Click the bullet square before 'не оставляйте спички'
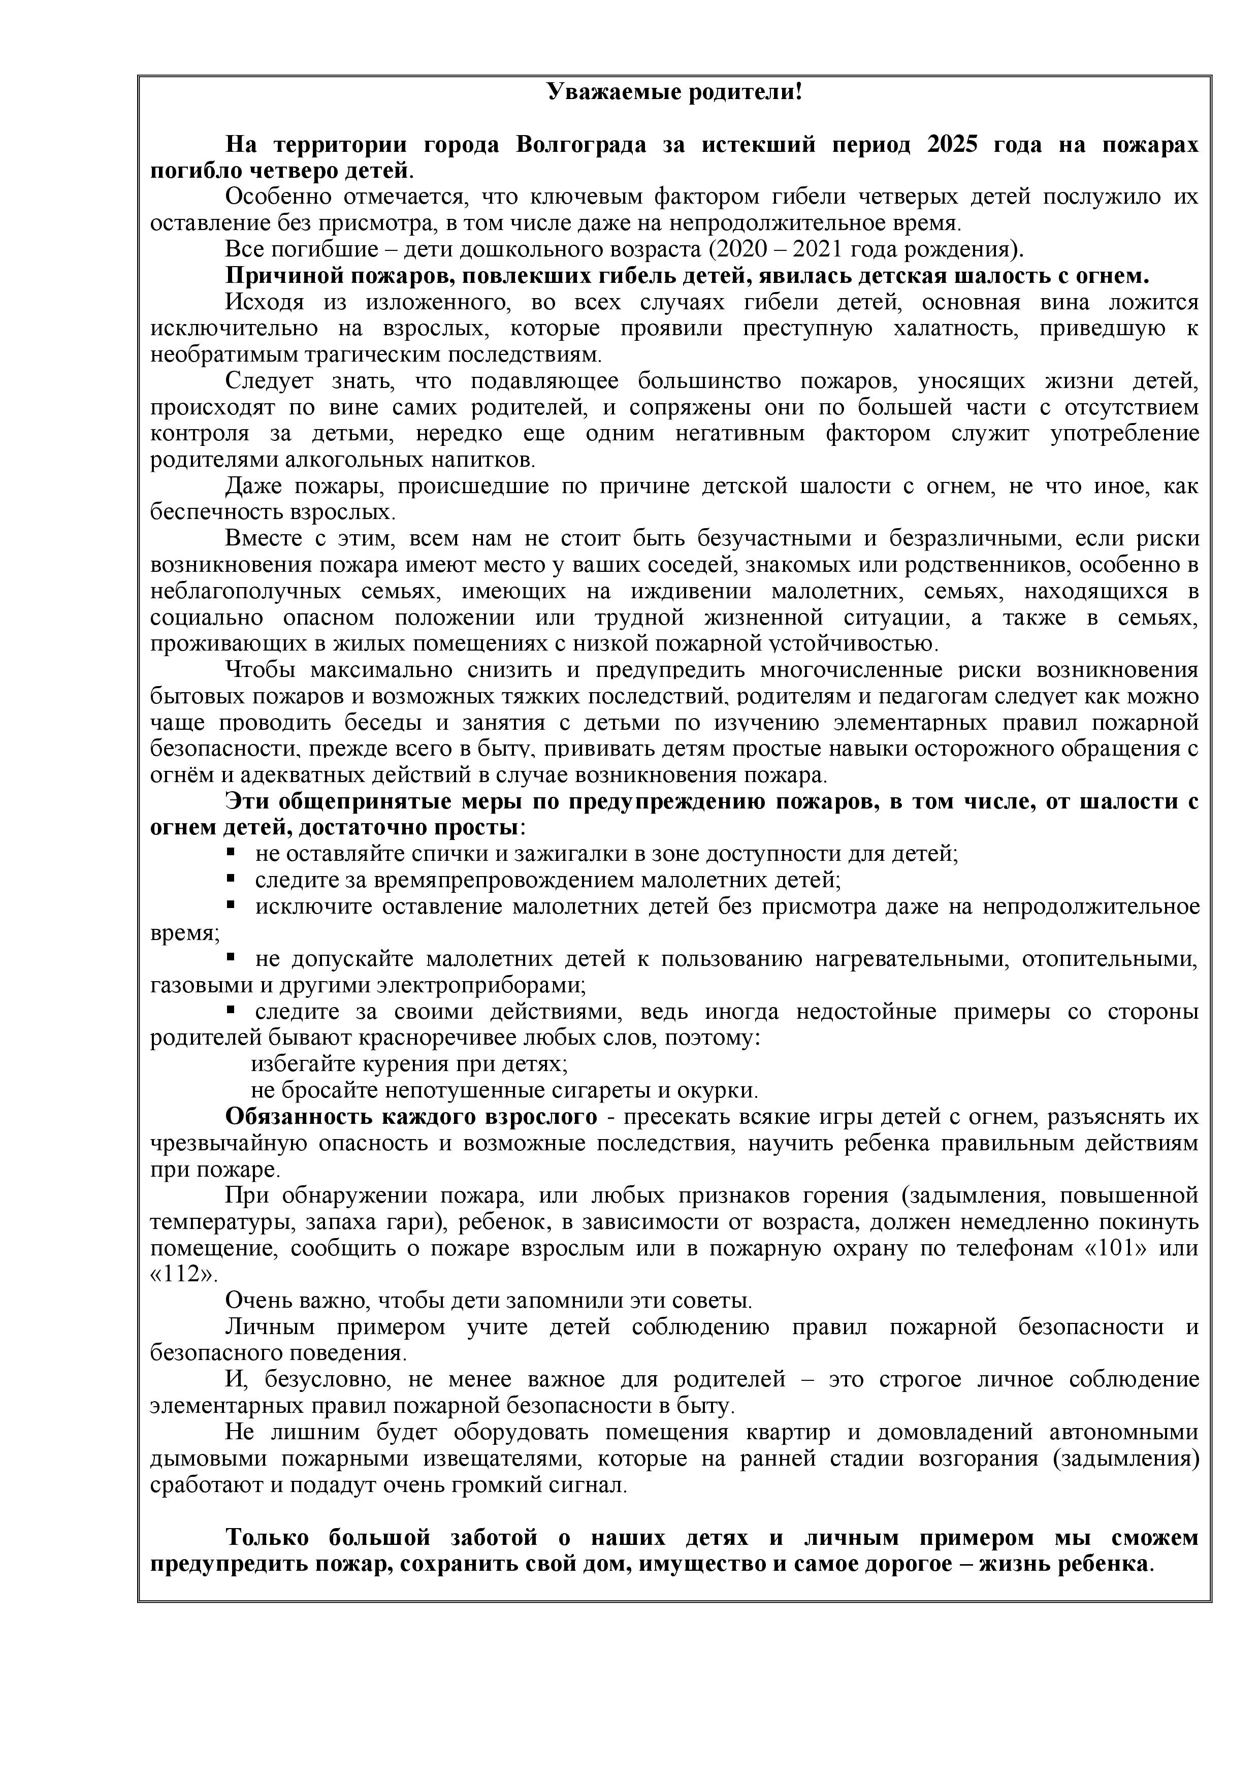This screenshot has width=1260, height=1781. [231, 853]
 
